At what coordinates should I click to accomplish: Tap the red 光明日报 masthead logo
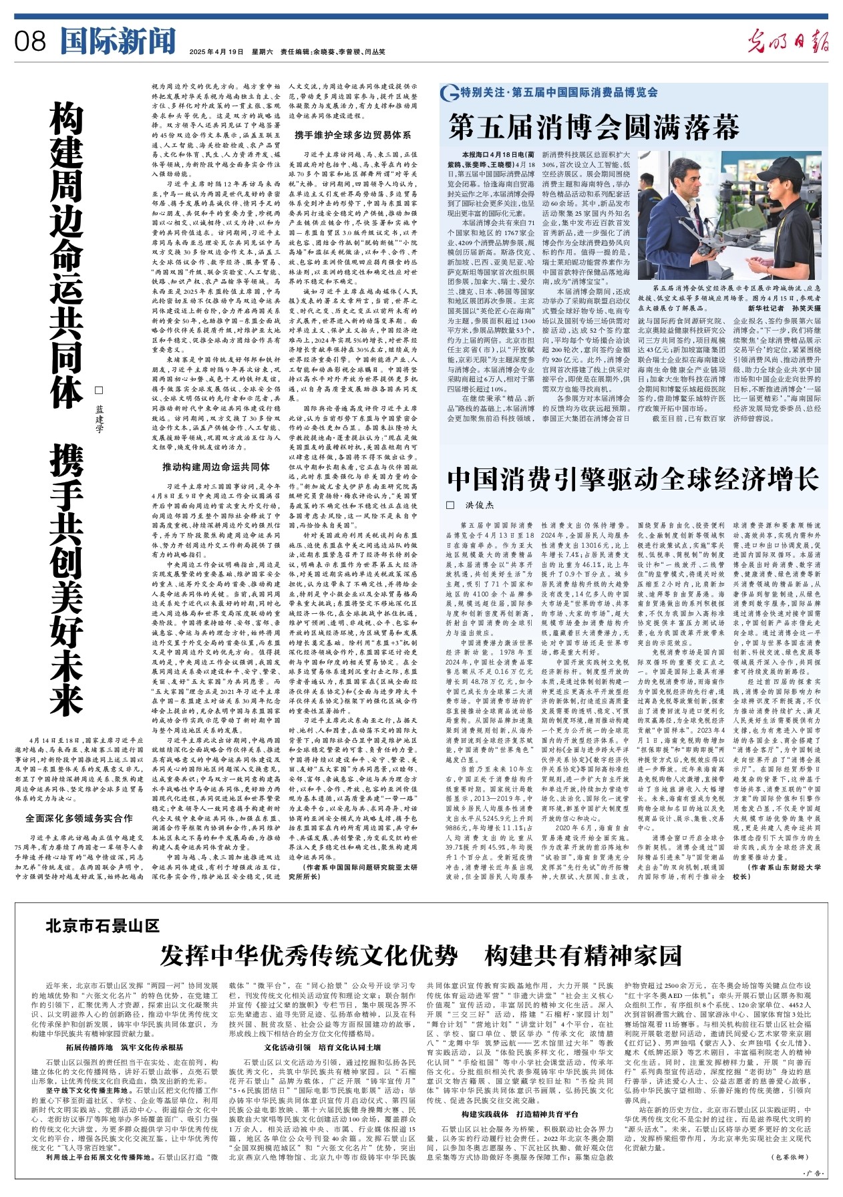click(x=788, y=41)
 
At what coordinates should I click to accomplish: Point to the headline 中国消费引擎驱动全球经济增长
click(x=633, y=479)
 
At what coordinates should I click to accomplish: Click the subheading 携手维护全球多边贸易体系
click(x=353, y=135)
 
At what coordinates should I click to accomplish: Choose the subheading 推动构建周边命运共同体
click(x=216, y=467)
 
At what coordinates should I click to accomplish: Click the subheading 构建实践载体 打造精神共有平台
click(x=520, y=1114)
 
